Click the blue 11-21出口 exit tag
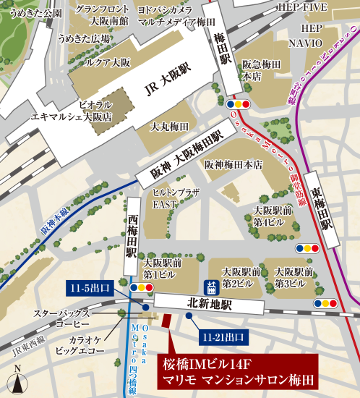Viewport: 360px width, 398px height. [x=223, y=336]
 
